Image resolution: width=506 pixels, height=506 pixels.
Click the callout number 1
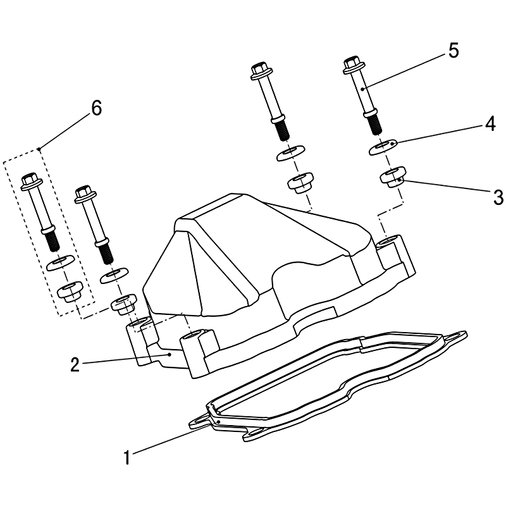(127, 457)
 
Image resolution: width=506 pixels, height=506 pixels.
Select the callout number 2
(75, 365)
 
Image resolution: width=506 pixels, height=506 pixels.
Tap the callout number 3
(498, 197)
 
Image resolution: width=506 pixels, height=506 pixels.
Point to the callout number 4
(491, 124)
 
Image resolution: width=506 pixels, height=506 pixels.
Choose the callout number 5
(454, 51)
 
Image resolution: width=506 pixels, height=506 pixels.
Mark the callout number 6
(97, 108)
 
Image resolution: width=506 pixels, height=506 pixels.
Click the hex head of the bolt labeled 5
(352, 63)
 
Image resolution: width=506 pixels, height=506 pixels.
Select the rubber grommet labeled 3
(393, 178)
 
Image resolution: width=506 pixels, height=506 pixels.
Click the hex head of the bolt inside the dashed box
(29, 180)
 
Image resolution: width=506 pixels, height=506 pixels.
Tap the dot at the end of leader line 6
(39, 149)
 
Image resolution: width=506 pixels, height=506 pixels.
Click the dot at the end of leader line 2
(170, 354)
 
